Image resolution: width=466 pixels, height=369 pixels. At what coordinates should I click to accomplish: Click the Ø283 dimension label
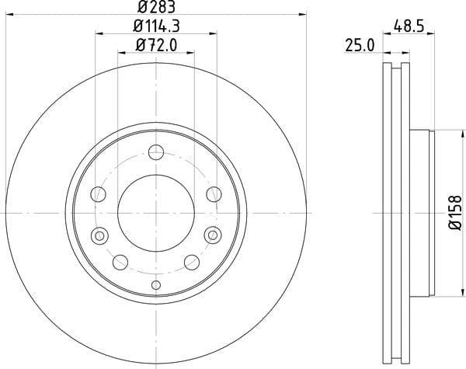(x=156, y=7)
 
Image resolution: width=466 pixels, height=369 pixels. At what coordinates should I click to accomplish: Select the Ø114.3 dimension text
(x=156, y=26)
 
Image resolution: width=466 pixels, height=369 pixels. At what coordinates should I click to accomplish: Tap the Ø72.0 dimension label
(x=156, y=46)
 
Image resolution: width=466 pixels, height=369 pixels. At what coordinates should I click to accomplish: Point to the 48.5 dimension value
(x=409, y=26)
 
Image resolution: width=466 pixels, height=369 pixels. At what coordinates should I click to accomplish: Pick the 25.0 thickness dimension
(x=360, y=46)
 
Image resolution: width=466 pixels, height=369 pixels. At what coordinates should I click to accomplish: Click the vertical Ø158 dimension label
(x=455, y=212)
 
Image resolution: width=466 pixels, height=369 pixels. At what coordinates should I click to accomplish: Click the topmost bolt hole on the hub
(x=156, y=152)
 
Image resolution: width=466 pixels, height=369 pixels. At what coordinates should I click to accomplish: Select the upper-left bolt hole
(x=98, y=194)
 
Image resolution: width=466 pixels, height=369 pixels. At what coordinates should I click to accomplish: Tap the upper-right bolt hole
(x=214, y=194)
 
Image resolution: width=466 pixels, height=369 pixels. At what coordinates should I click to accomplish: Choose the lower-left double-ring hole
(x=99, y=236)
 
